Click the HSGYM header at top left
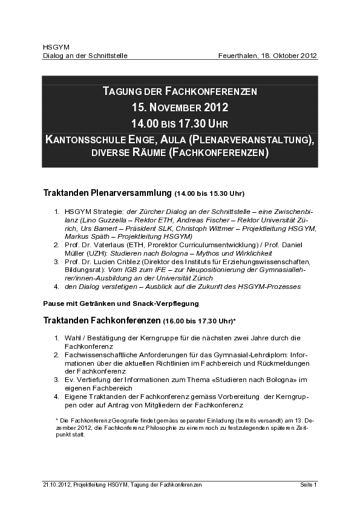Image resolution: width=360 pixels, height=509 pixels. click(x=52, y=47)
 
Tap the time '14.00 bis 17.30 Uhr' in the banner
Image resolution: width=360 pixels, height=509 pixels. click(x=180, y=123)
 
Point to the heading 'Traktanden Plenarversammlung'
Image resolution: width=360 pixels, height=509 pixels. click(x=107, y=193)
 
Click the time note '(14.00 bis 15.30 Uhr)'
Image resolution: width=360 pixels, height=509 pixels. click(x=209, y=194)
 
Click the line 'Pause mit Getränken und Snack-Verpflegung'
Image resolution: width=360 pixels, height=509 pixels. click(x=121, y=302)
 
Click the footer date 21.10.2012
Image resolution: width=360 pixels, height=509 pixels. click(x=56, y=485)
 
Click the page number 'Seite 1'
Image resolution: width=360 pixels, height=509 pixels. click(x=309, y=485)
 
